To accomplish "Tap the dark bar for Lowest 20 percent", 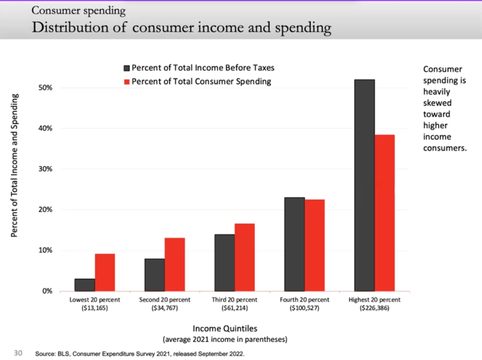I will click(85, 284).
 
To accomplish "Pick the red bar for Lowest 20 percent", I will click(105, 272).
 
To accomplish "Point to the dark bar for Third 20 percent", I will click(224, 262).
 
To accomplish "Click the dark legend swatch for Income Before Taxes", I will click(126, 68).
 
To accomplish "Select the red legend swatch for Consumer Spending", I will click(126, 81).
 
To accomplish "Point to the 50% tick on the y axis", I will click(45, 88).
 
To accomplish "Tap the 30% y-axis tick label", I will click(45, 169).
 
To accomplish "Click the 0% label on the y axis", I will click(48, 291).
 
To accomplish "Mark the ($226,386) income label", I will click(374, 309).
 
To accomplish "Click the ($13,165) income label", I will click(95, 309).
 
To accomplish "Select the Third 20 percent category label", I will click(234, 301).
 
